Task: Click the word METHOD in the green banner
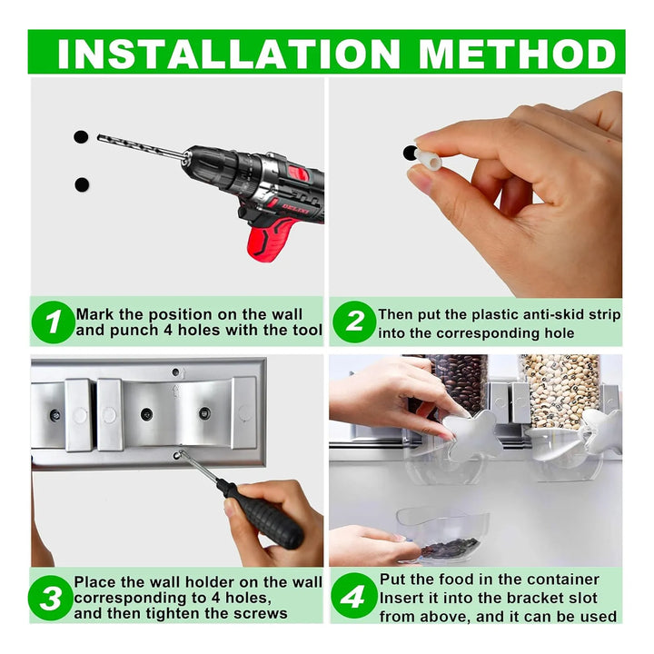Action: (517, 54)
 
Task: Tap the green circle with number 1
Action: (53, 322)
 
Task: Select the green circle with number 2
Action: (354, 322)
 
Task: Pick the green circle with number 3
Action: (50, 598)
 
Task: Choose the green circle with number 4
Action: (353, 596)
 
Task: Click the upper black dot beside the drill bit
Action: (81, 137)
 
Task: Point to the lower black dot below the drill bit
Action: (82, 184)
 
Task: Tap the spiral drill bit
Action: (142, 146)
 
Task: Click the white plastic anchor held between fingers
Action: (428, 160)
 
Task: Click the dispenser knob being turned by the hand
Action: (472, 434)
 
